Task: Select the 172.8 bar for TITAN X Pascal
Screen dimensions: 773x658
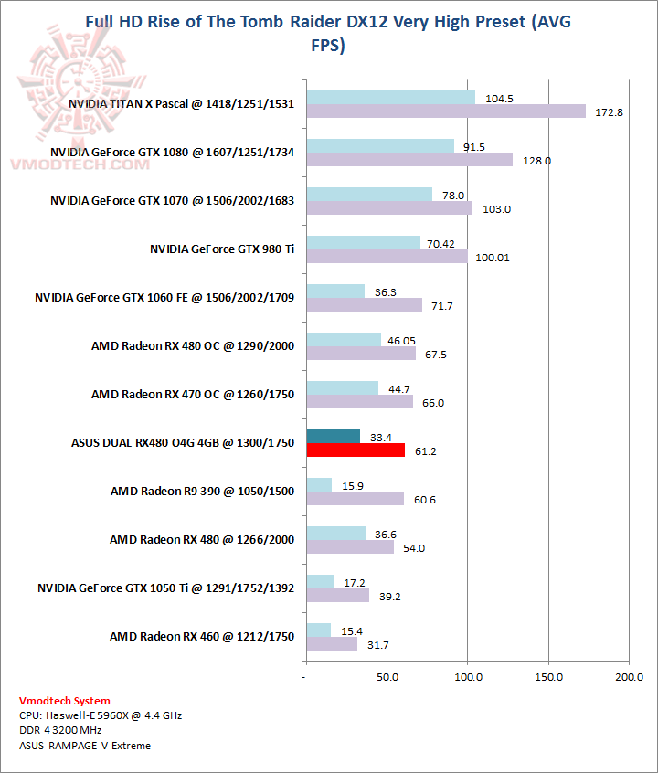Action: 446,111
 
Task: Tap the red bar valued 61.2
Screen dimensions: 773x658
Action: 356,450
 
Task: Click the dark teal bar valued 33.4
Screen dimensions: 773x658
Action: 334,436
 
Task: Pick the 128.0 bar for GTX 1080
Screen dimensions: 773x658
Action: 409,160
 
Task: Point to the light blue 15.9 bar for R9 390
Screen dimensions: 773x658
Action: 319,484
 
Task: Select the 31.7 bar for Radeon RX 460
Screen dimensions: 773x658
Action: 332,644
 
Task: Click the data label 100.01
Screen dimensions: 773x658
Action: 493,258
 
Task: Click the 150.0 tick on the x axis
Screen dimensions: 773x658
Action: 547,677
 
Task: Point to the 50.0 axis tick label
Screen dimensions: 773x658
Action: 387,677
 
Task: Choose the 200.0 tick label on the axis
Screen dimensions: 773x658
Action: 629,677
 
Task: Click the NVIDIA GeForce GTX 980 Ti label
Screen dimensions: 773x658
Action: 222,249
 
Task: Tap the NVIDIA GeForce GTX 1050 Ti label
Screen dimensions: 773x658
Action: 165,588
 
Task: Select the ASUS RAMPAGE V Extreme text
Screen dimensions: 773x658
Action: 84,746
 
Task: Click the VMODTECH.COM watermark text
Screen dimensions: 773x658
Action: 80,164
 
